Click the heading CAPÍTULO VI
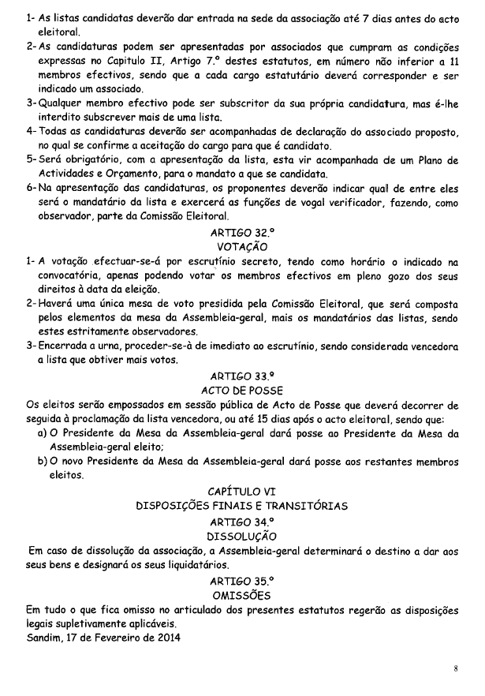(x=242, y=491)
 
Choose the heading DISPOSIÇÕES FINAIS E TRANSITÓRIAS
(x=242, y=505)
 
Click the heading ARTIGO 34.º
(x=242, y=522)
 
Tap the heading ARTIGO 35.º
(x=242, y=581)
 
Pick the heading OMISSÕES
(x=242, y=594)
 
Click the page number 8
(x=456, y=669)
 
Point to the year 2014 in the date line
(x=166, y=638)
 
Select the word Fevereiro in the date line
(x=118, y=638)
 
